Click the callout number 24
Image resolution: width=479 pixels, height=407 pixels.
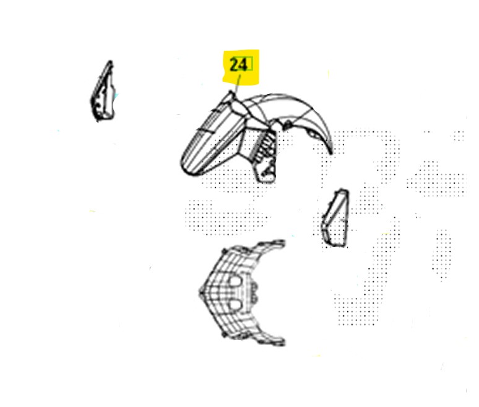pos(238,65)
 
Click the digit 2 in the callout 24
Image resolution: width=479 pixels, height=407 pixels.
pos(234,65)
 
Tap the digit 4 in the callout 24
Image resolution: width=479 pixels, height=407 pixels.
pos(242,65)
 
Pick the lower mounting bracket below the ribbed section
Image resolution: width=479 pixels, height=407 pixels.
pos(266,171)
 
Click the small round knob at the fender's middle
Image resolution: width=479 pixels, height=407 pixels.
pos(287,125)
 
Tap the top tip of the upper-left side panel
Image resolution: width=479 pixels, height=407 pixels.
pos(110,62)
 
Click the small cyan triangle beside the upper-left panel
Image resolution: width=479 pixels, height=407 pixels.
pos(116,96)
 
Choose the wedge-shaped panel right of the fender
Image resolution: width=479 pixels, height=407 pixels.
pos(335,218)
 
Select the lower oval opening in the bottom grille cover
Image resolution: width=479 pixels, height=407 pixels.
pos(235,305)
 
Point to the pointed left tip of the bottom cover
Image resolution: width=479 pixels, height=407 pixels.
pos(201,292)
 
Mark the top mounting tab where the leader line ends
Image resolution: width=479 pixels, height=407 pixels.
pos(231,95)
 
